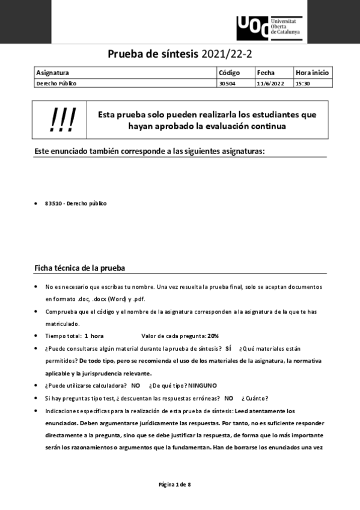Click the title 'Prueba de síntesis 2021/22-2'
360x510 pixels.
click(x=180, y=54)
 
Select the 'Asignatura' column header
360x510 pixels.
click(x=53, y=73)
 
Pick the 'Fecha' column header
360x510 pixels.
click(x=265, y=73)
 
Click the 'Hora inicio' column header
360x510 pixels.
click(x=312, y=73)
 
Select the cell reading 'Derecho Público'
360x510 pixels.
click(x=56, y=84)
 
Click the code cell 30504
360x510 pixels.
click(x=227, y=84)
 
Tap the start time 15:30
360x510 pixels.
click(x=302, y=84)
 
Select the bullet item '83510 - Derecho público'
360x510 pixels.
click(x=76, y=203)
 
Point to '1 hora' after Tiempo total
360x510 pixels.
click(x=94, y=336)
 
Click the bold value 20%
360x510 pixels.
click(x=213, y=336)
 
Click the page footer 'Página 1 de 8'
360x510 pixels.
click(x=175, y=484)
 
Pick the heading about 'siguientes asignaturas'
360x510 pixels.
click(x=154, y=151)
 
